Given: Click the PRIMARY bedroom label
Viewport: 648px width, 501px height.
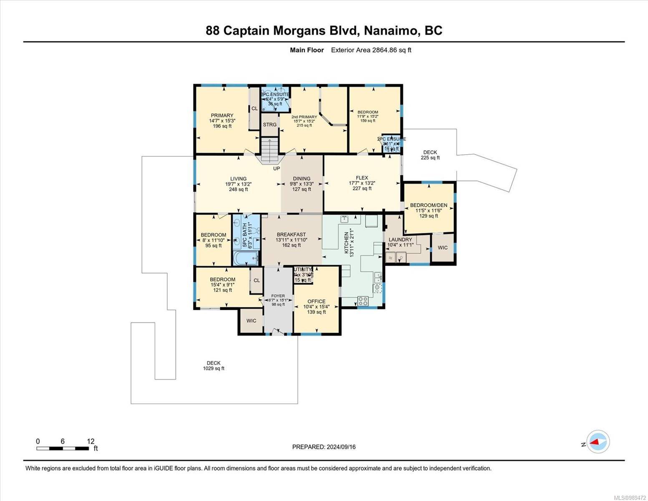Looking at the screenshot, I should coord(222,116).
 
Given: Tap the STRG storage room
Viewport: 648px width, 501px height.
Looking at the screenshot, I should coord(270,125).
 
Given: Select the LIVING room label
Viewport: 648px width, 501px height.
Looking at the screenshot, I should coord(238,179).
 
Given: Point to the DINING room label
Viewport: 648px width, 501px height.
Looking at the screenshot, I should coord(301,179).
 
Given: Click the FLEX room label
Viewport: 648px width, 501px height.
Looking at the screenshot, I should coord(362,178).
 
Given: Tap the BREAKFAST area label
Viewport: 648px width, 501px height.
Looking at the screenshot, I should coord(291,235).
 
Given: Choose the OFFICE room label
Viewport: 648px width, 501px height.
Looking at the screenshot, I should coord(316,301).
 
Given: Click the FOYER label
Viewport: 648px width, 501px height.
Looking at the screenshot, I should coord(278,296).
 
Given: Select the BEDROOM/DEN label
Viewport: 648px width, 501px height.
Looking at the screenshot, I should coord(429,205).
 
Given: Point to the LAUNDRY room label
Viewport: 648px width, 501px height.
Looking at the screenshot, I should coord(400,240).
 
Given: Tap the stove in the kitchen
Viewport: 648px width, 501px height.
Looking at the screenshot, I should coord(363,301).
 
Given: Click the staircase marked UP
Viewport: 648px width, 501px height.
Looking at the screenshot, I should coord(270,150).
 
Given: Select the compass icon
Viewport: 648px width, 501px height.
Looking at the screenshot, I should coord(598,442).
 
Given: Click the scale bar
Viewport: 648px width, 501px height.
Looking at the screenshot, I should coord(63,448).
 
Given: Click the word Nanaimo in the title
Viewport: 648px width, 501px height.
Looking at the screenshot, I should coord(391,30).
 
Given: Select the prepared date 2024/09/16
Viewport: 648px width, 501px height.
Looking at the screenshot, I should coord(341,447).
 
